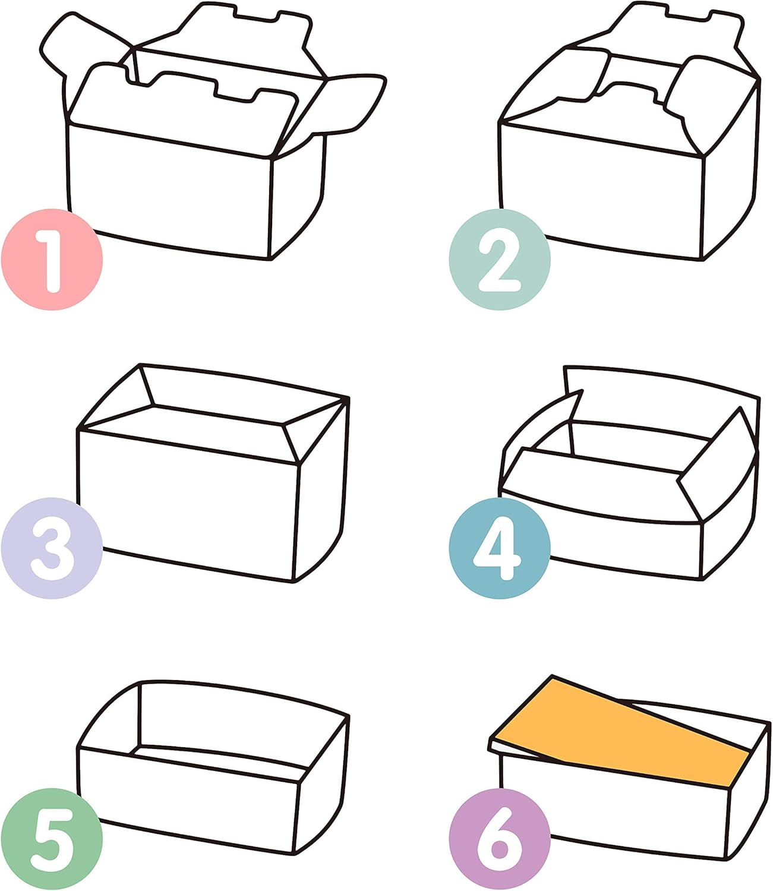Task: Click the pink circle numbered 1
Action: coord(52,260)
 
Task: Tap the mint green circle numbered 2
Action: coord(500,260)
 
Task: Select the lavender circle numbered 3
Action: coord(52,548)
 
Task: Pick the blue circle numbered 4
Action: coord(500,548)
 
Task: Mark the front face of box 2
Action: coord(601,192)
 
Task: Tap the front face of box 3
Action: coord(187,505)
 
